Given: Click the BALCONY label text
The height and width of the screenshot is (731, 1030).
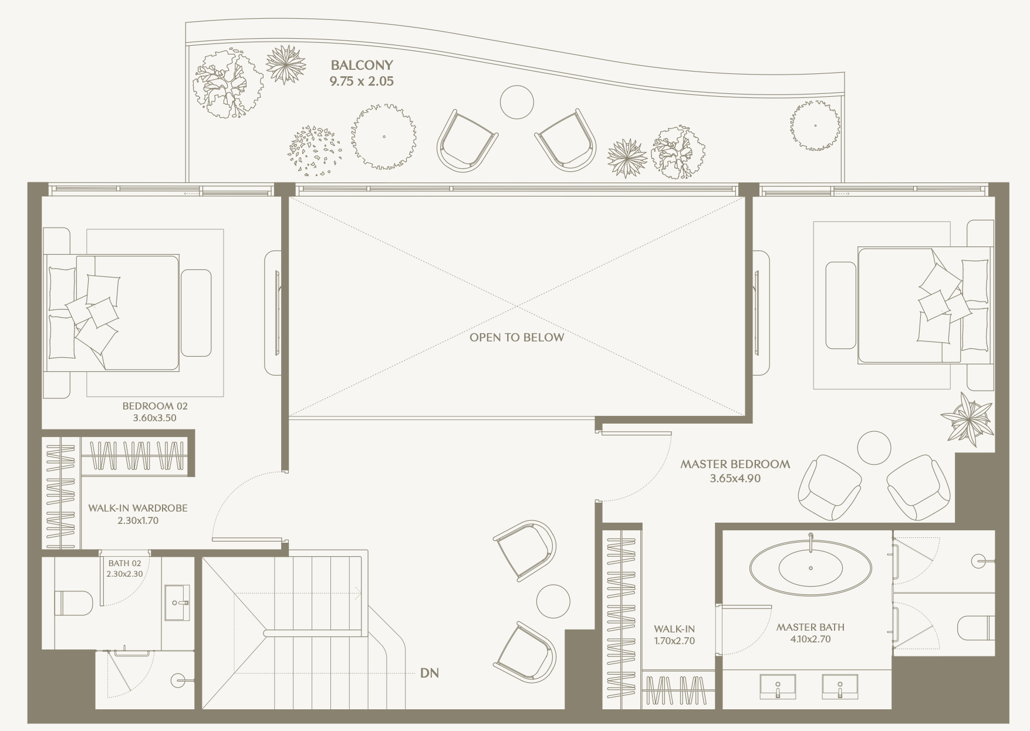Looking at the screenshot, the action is (362, 65).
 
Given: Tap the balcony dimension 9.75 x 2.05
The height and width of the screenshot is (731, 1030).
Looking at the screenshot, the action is (362, 82).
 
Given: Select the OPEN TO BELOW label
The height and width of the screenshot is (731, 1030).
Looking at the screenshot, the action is (516, 337).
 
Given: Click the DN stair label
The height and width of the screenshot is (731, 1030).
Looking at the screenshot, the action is (430, 673).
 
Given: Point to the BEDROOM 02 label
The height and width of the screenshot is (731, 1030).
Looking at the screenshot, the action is (155, 405).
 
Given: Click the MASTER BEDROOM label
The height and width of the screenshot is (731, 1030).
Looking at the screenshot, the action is (735, 464).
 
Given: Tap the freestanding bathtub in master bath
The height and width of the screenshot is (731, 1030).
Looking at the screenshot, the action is (811, 567).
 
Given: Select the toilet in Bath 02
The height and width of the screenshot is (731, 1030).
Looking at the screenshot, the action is (73, 603).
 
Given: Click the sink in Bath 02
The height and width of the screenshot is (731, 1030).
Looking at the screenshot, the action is (177, 603).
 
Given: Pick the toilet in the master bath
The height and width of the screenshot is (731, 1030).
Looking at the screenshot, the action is (976, 628).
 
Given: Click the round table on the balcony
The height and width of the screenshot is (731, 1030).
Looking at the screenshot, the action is (517, 102).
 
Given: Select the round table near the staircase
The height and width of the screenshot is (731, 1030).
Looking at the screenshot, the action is (553, 601).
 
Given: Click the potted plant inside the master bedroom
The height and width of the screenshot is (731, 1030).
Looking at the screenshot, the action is (968, 419).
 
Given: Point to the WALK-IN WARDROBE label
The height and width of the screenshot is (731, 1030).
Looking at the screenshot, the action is (138, 508).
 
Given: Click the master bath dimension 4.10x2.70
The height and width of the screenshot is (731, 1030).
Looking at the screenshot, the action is (811, 639).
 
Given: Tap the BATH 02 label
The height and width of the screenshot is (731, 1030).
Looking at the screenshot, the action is (124, 563).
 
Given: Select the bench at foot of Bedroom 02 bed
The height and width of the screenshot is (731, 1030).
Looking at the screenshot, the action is (196, 313).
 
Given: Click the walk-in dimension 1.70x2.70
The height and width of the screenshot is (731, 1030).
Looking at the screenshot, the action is (674, 641).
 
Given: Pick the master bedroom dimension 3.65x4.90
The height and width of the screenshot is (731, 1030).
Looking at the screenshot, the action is (735, 479).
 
